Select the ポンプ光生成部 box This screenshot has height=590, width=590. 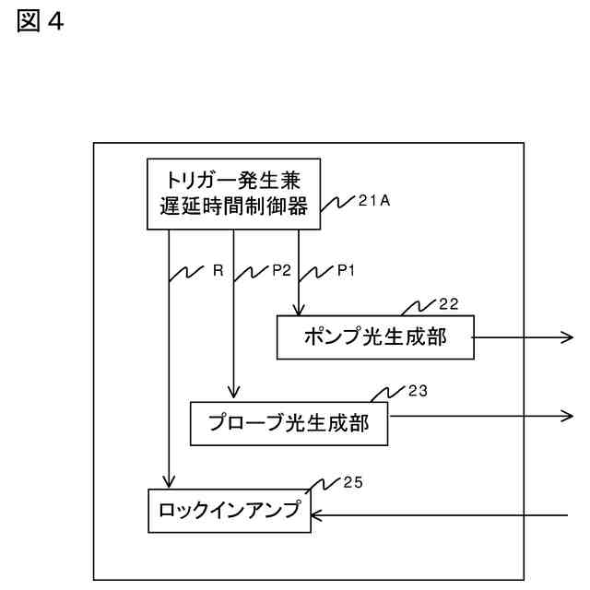pyautogui.click(x=375, y=338)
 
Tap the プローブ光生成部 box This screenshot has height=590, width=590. pyautogui.click(x=289, y=421)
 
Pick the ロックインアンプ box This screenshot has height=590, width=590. pyautogui.click(x=230, y=509)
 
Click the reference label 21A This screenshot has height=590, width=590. pyautogui.click(x=374, y=200)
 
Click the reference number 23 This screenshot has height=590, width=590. pyautogui.click(x=418, y=390)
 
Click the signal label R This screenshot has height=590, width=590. pyautogui.click(x=218, y=272)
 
